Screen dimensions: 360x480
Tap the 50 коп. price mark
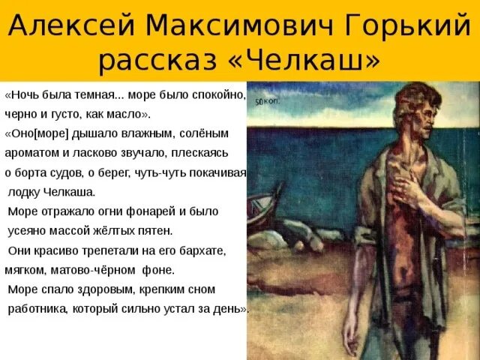click(267, 101)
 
